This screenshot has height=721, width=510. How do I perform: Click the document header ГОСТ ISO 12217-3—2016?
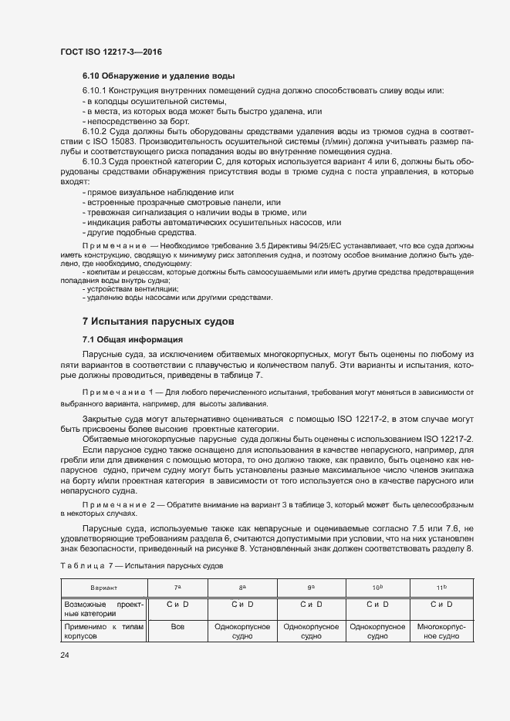coord(110,52)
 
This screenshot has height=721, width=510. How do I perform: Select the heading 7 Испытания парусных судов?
coord(157,320)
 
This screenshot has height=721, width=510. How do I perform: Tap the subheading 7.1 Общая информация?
coord(132,340)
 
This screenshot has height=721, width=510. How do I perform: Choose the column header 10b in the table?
coord(377,588)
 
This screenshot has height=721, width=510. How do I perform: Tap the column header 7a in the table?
coord(177,588)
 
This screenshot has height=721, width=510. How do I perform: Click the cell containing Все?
coord(177,628)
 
